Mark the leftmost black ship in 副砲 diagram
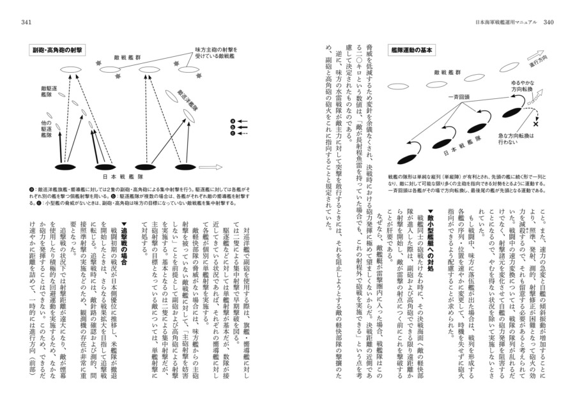tap(65, 167)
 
